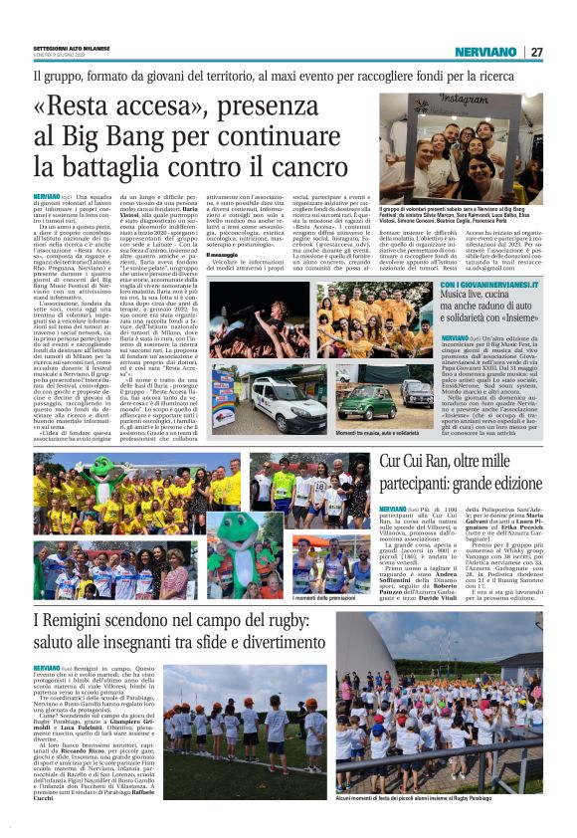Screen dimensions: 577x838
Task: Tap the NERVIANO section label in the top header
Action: tap(484, 52)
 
